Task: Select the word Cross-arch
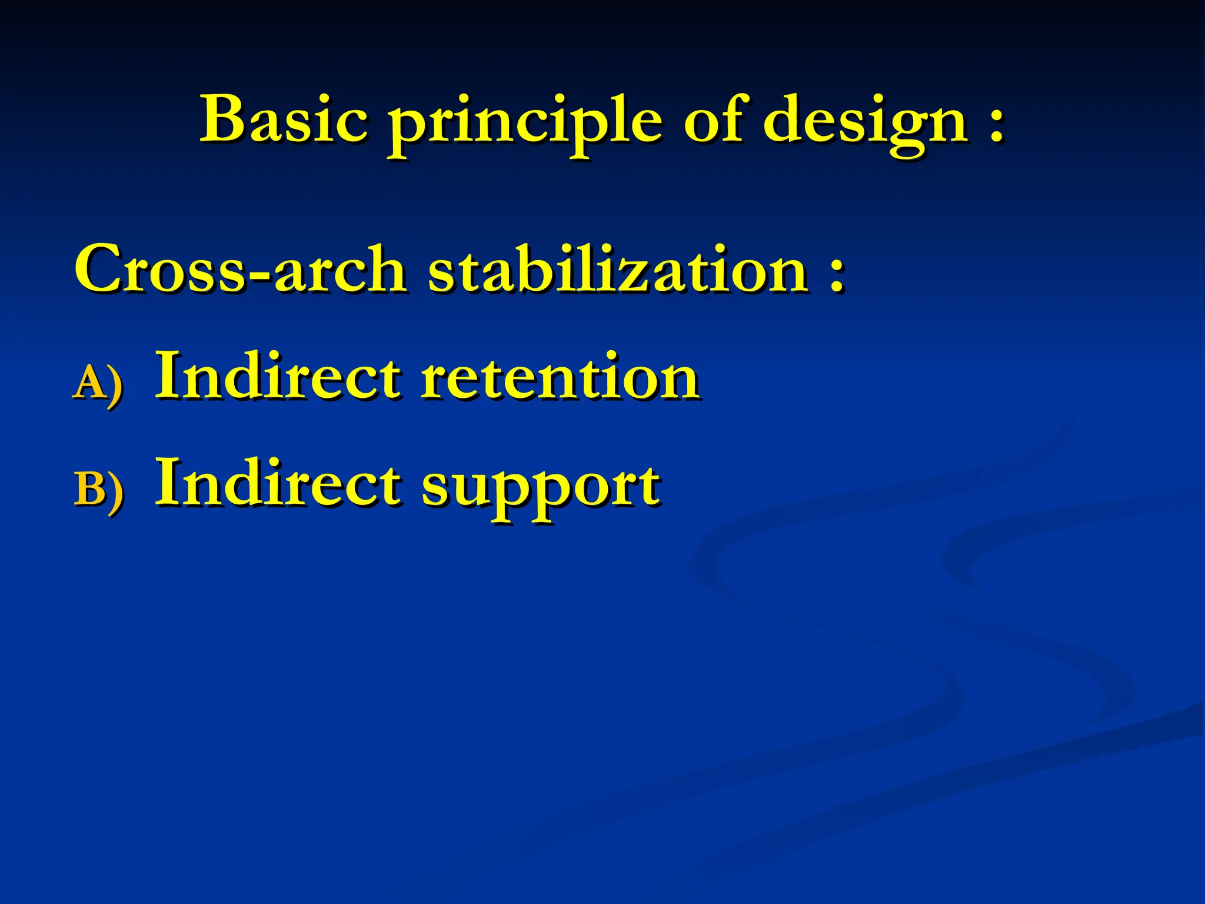pos(240,270)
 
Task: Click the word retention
pos(560,377)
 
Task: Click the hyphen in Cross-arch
pos(259,274)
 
